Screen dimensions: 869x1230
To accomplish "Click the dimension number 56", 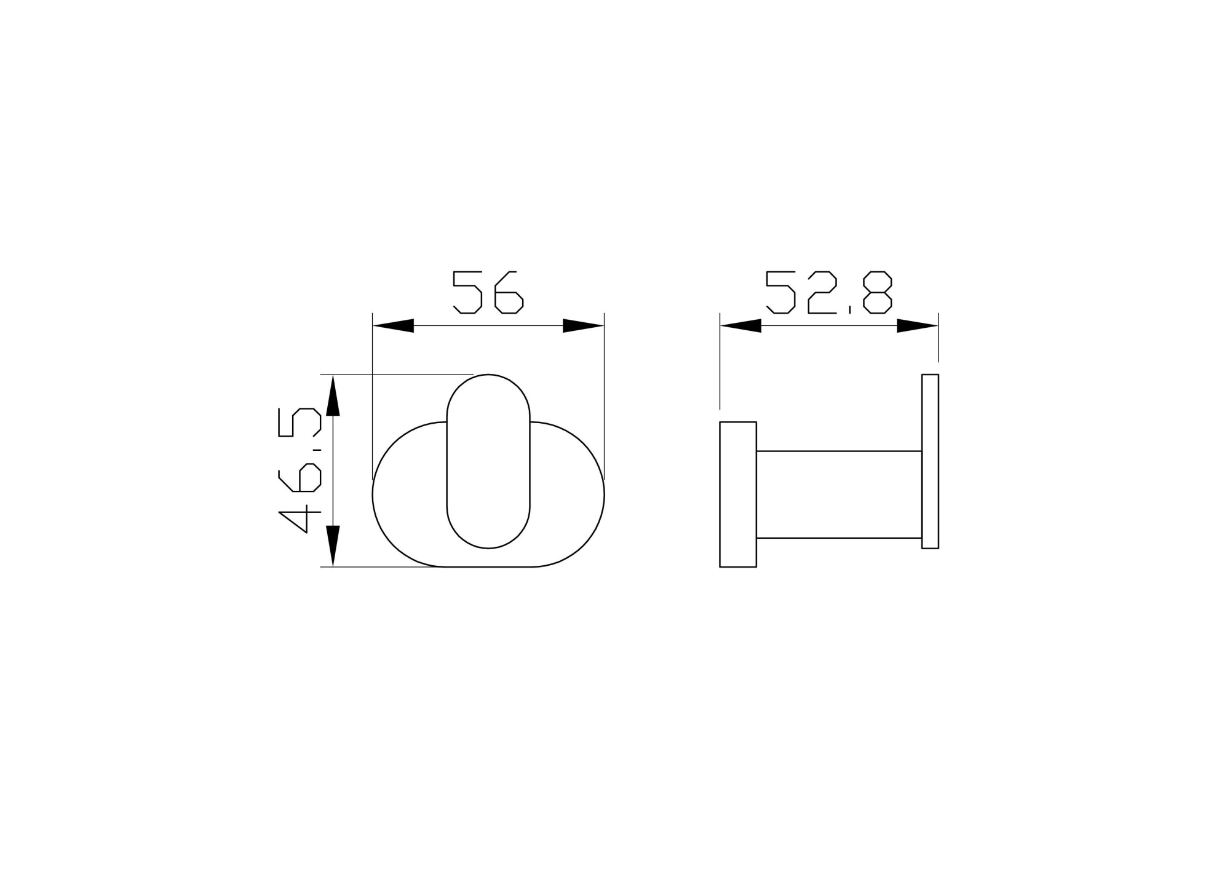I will pos(488,292).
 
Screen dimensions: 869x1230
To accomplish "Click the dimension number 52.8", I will pos(828,292).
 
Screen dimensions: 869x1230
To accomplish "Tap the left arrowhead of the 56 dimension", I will pos(394,325).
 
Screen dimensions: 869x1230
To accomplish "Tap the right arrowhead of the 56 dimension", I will pos(583,325).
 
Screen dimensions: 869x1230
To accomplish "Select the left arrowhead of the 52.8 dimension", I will pos(741,325).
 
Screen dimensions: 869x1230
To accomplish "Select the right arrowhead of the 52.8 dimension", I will pos(917,325).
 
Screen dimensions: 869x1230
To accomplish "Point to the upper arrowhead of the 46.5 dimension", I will pos(333,396).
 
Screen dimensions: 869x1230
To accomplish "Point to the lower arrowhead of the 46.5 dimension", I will pos(333,546).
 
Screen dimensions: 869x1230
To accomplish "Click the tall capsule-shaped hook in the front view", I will pos(488,461).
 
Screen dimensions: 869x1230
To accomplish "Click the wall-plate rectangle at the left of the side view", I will pos(738,494).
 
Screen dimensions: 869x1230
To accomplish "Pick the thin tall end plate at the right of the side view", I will pos(930,461).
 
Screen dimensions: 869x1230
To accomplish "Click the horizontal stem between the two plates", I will pos(839,494).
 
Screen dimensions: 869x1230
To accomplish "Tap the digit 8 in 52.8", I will pos(877,292).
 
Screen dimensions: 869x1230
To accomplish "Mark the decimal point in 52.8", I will pos(849,310).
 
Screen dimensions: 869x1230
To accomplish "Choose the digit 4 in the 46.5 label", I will pos(300,512).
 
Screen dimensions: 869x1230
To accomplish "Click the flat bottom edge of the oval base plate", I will pos(489,566).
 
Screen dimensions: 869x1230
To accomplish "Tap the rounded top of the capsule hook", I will pos(488,376).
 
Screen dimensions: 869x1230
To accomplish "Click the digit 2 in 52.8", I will pos(822,292).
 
